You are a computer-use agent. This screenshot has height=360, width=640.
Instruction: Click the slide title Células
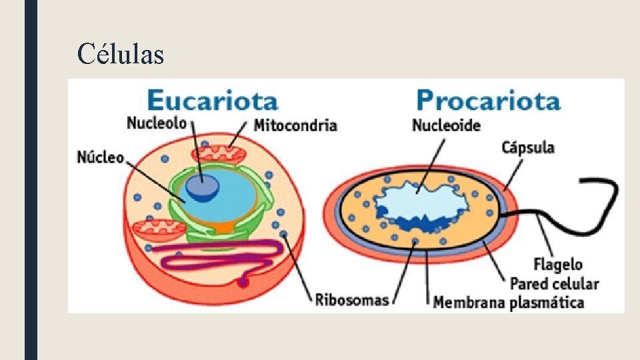click(120, 54)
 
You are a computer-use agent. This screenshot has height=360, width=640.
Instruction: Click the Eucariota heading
click(212, 101)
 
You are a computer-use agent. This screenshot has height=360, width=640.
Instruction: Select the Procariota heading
click(487, 101)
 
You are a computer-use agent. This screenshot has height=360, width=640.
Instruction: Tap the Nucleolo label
click(156, 123)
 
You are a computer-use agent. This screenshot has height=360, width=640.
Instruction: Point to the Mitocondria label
click(295, 125)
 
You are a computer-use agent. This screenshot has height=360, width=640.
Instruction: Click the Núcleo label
click(101, 157)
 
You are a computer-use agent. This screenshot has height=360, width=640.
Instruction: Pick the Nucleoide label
click(446, 125)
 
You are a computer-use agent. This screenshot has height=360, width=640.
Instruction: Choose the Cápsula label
click(528, 147)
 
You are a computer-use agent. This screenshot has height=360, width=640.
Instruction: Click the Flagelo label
click(557, 265)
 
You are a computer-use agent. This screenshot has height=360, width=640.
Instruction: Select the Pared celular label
click(554, 284)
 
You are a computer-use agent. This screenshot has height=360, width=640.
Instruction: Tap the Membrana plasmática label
click(509, 303)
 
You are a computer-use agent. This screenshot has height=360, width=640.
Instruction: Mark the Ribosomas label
click(351, 299)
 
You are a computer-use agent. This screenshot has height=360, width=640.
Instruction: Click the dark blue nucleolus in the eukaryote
click(202, 187)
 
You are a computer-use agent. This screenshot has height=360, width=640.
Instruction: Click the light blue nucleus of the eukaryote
click(230, 200)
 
